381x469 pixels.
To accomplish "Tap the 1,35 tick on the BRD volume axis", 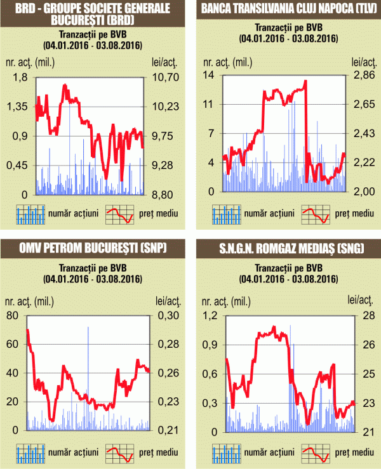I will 18,107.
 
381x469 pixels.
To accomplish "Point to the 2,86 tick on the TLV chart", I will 361,75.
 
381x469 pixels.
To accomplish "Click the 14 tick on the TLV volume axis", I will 208,75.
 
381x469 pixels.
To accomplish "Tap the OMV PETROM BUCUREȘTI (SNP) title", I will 94,248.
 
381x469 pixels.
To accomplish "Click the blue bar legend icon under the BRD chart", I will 30,214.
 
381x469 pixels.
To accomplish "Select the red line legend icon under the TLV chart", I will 315,214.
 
